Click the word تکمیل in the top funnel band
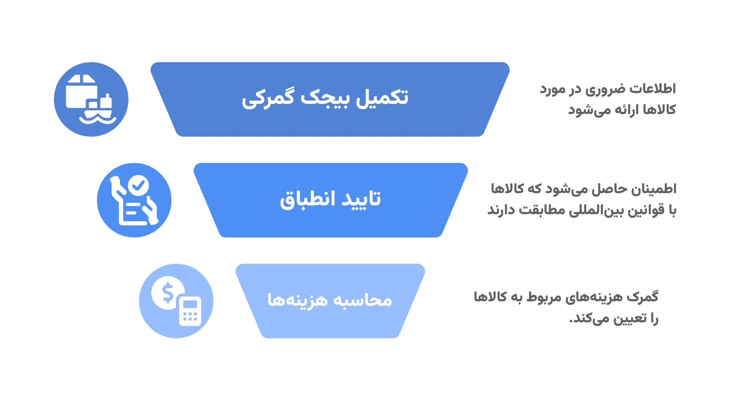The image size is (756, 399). click(382, 97)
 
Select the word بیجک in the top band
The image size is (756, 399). click(325, 98)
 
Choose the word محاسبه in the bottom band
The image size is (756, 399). click(362, 300)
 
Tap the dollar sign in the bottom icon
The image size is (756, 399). click(168, 293)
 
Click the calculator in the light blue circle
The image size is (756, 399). click(190, 311)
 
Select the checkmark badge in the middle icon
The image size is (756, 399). click(139, 185)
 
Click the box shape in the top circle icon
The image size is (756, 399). click(81, 92)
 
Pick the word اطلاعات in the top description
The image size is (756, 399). click(653, 89)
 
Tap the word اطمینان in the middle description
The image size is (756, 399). click(654, 189)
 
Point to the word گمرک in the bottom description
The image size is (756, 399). click(643, 297)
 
